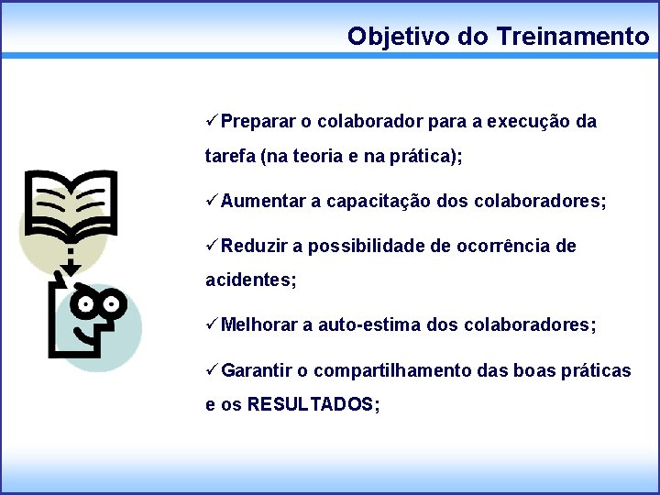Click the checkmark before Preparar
coord(212,121)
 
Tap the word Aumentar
coord(264,201)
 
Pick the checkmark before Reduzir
coord(212,246)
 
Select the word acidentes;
coord(250,280)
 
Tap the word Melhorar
coord(260,324)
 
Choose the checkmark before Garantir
coord(212,370)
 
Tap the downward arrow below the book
coord(69,265)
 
